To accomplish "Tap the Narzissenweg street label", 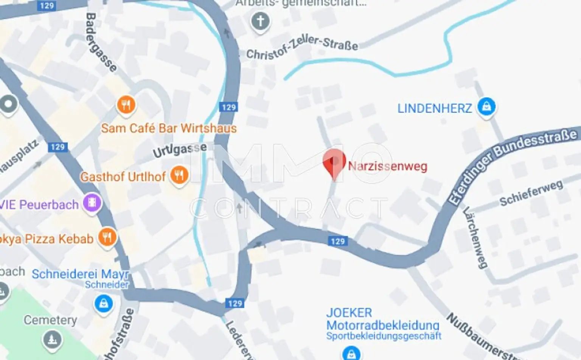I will [388, 166].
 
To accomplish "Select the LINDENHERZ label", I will [435, 109].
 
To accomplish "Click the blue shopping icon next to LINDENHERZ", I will [486, 107].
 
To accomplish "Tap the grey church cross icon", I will [261, 21].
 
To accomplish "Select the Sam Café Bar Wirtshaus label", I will [169, 128].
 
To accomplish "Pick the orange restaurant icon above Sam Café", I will [126, 104].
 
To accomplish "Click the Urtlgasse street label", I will [180, 150].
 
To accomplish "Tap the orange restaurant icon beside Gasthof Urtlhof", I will [179, 175].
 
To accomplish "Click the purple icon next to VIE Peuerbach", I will [92, 203].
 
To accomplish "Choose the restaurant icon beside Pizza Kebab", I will [107, 237].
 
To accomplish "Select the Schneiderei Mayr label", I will [80, 274].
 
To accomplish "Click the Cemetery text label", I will [50, 320].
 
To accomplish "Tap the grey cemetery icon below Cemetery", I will [52, 339].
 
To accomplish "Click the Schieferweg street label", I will [531, 193].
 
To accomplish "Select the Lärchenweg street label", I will [475, 237].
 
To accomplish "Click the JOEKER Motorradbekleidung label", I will [382, 319].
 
